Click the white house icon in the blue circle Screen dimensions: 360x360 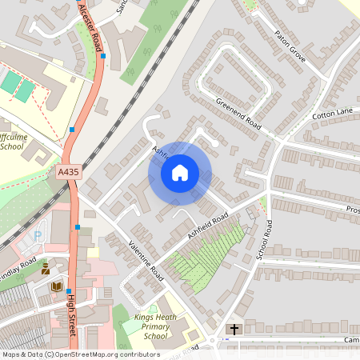180,173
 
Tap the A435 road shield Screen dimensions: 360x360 69,171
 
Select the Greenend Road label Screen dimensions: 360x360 238,114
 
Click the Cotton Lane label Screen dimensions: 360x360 332,114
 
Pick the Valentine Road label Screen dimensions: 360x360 145,259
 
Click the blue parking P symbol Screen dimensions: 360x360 38,237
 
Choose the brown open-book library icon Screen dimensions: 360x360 56,286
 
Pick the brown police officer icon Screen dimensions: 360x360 46,269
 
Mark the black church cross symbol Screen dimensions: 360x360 234,330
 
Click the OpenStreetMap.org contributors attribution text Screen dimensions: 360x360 104,354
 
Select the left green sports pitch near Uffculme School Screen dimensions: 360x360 10,82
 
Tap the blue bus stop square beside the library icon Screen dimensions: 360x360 69,291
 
